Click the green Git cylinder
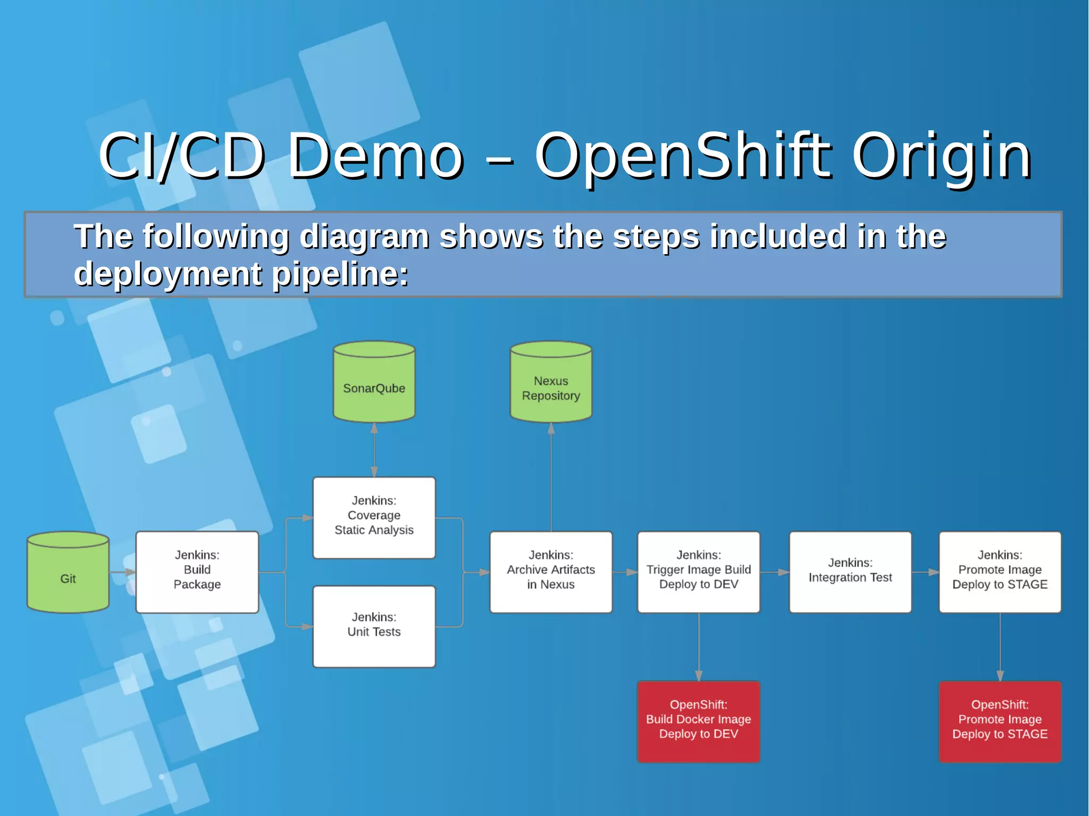pyautogui.click(x=68, y=573)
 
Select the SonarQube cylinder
pyautogui.click(x=374, y=383)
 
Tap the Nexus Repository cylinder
pyautogui.click(x=551, y=383)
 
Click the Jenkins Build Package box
pyautogui.click(x=197, y=572)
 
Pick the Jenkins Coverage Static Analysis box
pyautogui.click(x=374, y=517)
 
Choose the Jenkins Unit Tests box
pyautogui.click(x=374, y=626)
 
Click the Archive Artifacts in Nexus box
pyautogui.click(x=551, y=572)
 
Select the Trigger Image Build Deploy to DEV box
pyautogui.click(x=699, y=572)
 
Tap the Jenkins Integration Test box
pyautogui.click(x=850, y=572)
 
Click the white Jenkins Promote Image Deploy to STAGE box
pyautogui.click(x=1000, y=572)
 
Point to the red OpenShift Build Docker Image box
pyautogui.click(x=699, y=721)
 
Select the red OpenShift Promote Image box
pyautogui.click(x=1000, y=721)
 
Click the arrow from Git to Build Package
pyautogui.click(x=123, y=573)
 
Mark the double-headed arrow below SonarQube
pyautogui.click(x=374, y=450)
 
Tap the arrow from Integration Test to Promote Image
pyautogui.click(x=926, y=573)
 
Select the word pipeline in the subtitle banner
pyautogui.click(x=340, y=275)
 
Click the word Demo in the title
pyautogui.click(x=375, y=156)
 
